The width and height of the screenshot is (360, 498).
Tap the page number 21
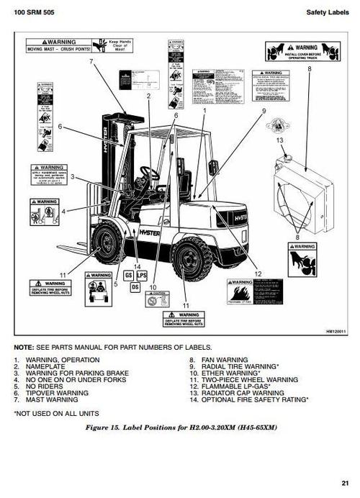pos(346,483)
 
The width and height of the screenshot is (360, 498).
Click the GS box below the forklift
pos(129,275)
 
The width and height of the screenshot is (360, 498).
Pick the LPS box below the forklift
pos(142,275)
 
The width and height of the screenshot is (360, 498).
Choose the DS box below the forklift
pos(135,286)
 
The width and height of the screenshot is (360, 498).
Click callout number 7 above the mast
pos(91,62)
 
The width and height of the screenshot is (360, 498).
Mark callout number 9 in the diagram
pos(264,110)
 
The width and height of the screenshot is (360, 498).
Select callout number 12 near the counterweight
pos(257,273)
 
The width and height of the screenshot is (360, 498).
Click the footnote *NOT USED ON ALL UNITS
pos(54,415)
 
